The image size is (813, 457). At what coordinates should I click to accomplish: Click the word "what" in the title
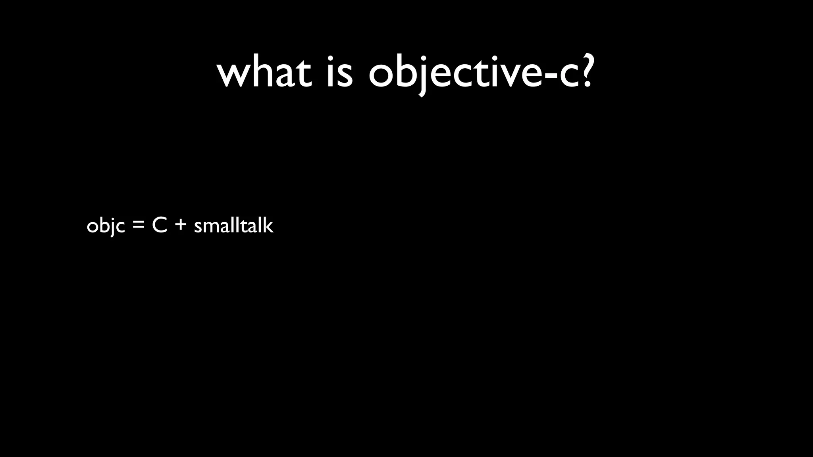(x=264, y=73)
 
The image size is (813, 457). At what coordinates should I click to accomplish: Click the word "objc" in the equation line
(x=106, y=226)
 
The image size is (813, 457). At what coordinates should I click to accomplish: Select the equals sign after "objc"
(x=138, y=226)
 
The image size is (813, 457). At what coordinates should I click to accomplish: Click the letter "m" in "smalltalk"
(x=209, y=227)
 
